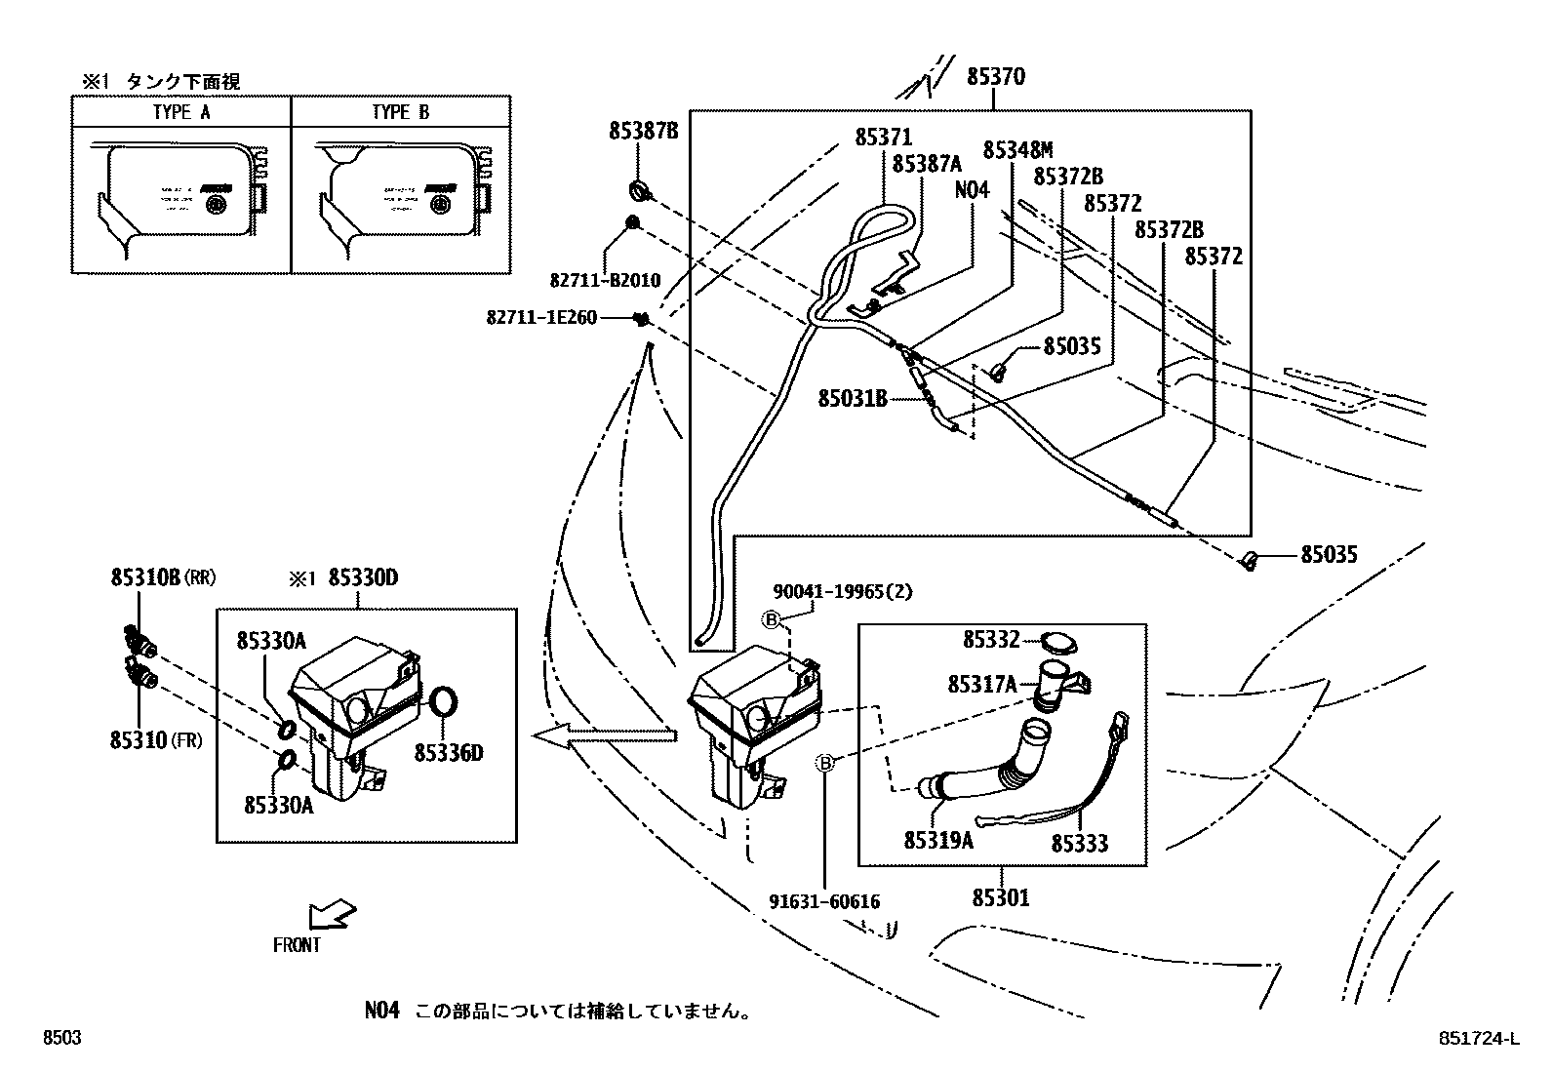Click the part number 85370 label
click(995, 76)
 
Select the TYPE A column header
click(181, 112)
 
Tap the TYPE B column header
click(400, 112)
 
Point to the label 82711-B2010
click(605, 280)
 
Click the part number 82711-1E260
click(541, 317)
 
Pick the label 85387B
click(643, 130)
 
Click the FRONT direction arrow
click(332, 916)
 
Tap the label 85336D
click(449, 752)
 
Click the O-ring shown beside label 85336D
click(443, 702)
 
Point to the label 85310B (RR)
click(162, 577)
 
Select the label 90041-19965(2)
click(843, 591)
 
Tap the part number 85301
click(1001, 896)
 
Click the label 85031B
click(853, 397)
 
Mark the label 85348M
click(1017, 149)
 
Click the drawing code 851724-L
click(1478, 1039)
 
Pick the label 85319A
click(938, 840)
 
